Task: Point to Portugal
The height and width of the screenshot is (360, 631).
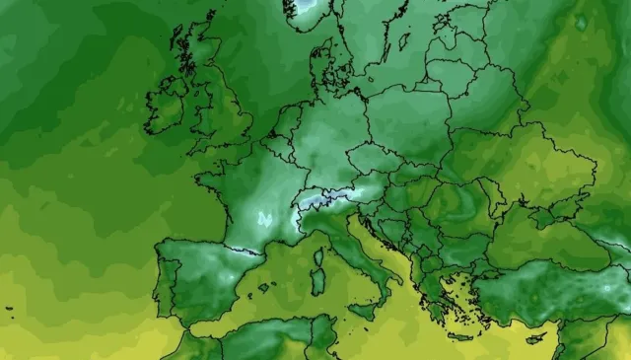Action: [x=163, y=281]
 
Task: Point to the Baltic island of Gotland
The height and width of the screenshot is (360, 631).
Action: [x=405, y=45]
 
